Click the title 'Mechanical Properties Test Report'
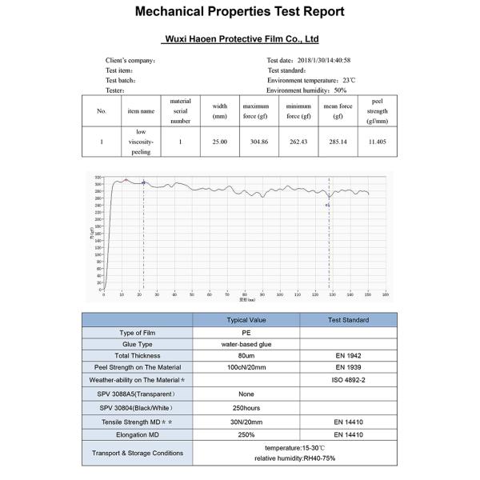[x=240, y=12]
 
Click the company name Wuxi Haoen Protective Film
[x=240, y=38]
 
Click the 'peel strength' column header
[x=377, y=111]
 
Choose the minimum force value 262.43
[x=298, y=142]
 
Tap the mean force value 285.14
[x=338, y=142]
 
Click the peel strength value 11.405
[x=377, y=142]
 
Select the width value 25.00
[x=219, y=142]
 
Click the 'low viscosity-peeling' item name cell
[x=140, y=142]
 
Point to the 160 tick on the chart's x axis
[x=386, y=295]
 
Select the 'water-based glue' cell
[x=246, y=344]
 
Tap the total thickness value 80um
[x=246, y=356]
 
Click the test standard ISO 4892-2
[x=348, y=381]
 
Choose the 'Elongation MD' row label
[x=138, y=434]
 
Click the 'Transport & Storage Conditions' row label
[x=138, y=453]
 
